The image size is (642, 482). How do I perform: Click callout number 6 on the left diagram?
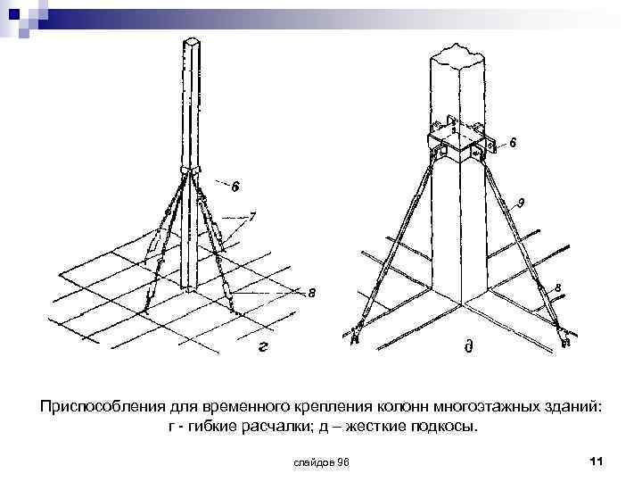(235, 187)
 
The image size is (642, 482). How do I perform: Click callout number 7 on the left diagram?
(253, 215)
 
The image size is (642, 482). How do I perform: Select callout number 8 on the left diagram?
(311, 293)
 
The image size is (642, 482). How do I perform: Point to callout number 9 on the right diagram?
(521, 202)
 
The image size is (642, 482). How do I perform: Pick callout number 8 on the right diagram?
(557, 287)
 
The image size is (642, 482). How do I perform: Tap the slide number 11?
(597, 461)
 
